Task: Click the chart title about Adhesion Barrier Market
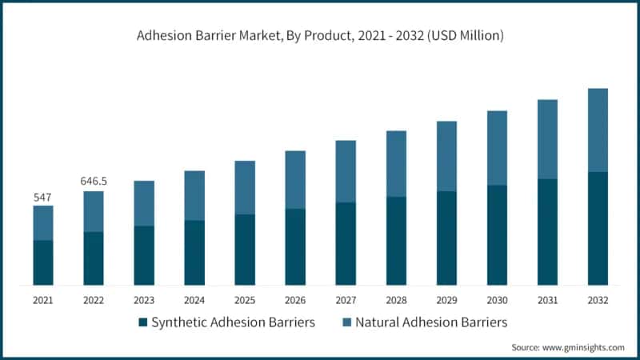(320, 36)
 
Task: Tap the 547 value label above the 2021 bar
(43, 197)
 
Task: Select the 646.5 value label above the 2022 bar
(94, 182)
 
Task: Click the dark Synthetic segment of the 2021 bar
(43, 262)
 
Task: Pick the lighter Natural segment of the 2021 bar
(43, 222)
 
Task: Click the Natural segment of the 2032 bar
(598, 130)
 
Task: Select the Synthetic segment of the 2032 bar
(598, 228)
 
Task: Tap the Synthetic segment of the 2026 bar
(295, 246)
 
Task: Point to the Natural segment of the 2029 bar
(446, 156)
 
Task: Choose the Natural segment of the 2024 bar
(194, 195)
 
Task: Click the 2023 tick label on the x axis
(144, 301)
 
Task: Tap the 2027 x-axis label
(346, 301)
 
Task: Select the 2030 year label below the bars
(497, 301)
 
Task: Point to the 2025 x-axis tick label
(245, 301)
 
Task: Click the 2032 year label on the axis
(598, 301)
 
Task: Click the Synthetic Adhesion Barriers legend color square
(143, 322)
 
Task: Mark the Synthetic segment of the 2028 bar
(396, 241)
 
